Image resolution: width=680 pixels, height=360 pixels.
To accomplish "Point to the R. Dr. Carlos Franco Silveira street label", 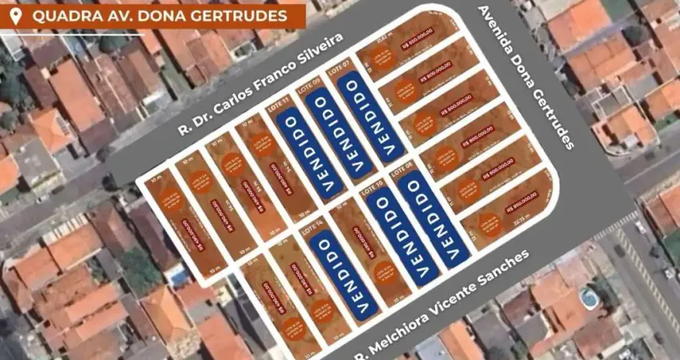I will [x=260, y=84].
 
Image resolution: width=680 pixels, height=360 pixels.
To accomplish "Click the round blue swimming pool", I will [x=590, y=298].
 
